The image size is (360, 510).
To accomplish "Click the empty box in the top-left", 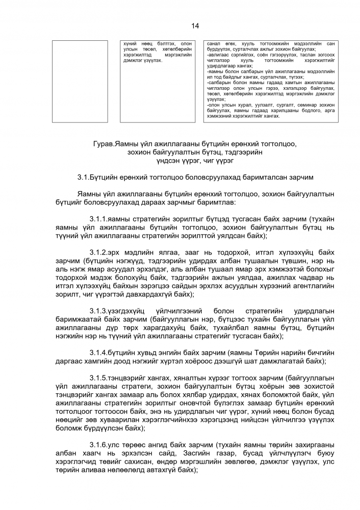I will [80, 81].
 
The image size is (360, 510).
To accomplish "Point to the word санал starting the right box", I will [213, 44].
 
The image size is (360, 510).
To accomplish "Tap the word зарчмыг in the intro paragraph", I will [175, 202].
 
